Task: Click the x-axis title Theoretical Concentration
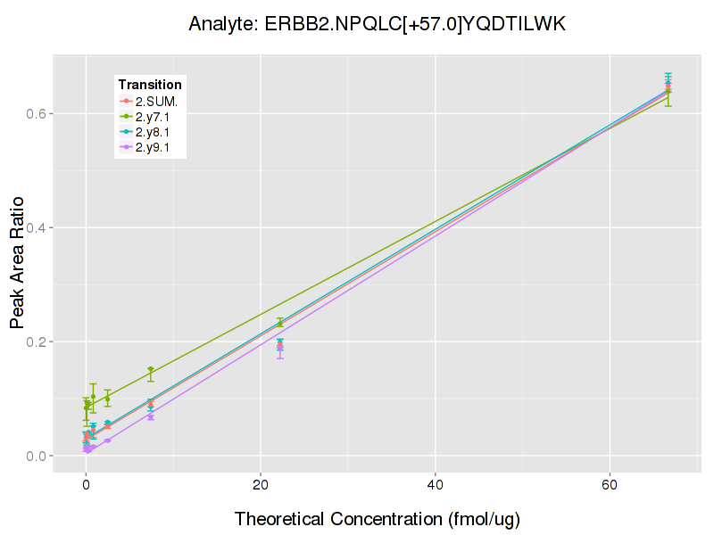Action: point(377,519)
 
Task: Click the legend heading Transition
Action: point(150,85)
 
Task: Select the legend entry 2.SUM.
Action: point(156,102)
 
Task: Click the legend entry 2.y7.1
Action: point(156,117)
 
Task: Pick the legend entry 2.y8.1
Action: point(156,133)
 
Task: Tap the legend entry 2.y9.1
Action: point(156,148)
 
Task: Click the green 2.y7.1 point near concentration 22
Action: point(280,323)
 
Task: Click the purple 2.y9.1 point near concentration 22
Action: point(280,349)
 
